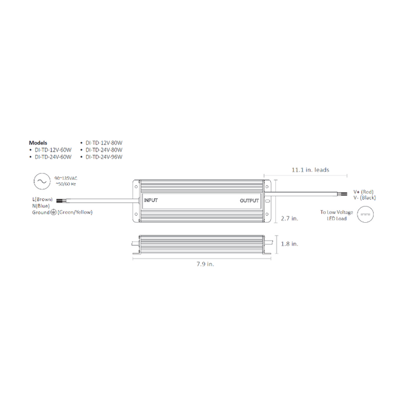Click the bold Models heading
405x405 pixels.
pyautogui.click(x=38, y=142)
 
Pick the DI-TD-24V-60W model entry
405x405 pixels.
pyautogui.click(x=53, y=156)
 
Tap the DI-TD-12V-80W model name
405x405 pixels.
pyautogui.click(x=104, y=142)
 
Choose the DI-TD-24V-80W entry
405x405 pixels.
pyautogui.click(x=104, y=149)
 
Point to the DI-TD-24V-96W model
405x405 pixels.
pyautogui.click(x=104, y=156)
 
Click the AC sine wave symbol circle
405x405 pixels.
pyautogui.click(x=42, y=181)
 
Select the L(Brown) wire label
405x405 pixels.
pyautogui.click(x=43, y=199)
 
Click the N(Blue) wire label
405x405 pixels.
pyautogui.click(x=41, y=205)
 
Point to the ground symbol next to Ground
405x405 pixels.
pyautogui.click(x=53, y=212)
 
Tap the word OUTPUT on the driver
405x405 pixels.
pyautogui.click(x=251, y=201)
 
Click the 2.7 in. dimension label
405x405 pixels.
pyautogui.click(x=289, y=219)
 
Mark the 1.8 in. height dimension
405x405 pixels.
pyautogui.click(x=289, y=244)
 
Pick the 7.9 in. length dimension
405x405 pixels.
pyautogui.click(x=205, y=264)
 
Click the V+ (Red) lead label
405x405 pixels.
pyautogui.click(x=365, y=192)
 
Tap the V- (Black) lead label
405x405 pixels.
pyautogui.click(x=365, y=198)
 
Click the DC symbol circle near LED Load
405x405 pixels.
pyautogui.click(x=365, y=214)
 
